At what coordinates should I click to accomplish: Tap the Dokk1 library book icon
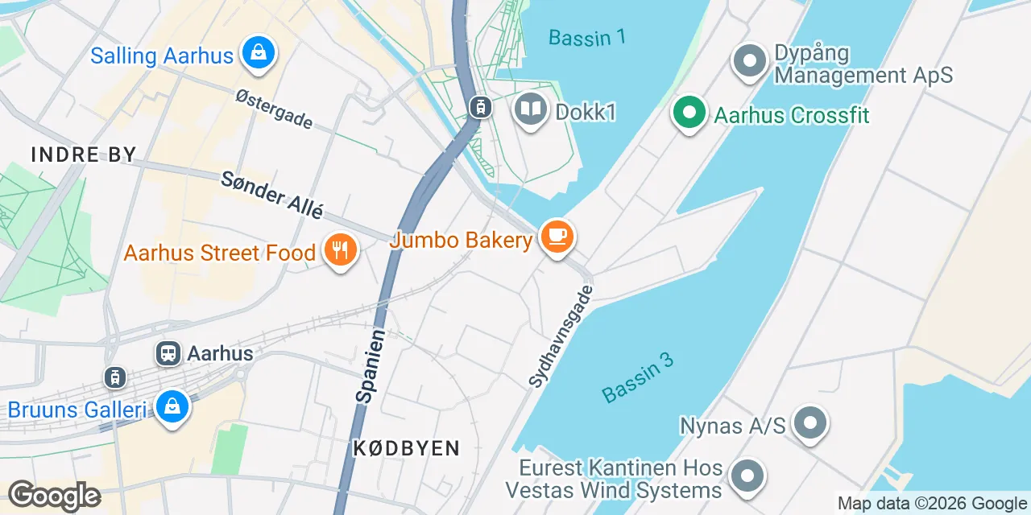(530, 110)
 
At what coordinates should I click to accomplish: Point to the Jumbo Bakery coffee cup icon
(557, 237)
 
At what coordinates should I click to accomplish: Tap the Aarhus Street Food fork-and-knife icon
(341, 251)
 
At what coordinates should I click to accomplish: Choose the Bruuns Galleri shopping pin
(172, 408)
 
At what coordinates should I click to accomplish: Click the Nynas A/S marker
(809, 423)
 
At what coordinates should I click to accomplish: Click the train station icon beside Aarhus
(168, 352)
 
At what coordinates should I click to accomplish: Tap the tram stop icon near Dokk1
(480, 106)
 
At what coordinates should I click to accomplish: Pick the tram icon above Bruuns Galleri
(115, 377)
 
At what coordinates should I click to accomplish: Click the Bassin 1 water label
(586, 37)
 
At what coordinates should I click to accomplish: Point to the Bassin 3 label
(637, 377)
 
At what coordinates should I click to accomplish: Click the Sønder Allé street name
(271, 195)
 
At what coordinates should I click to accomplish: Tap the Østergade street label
(274, 109)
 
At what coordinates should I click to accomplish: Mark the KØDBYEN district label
(406, 448)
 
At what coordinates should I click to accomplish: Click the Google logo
(54, 495)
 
